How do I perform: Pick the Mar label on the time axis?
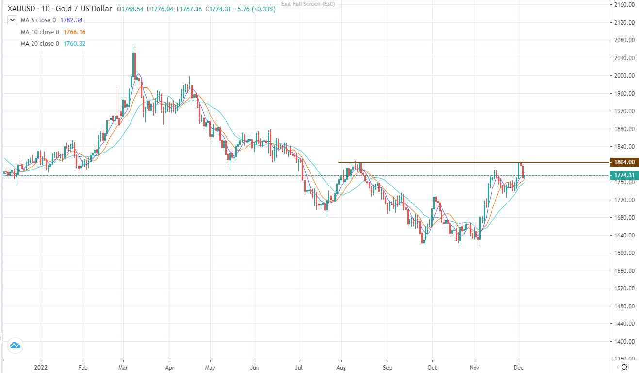click(123, 368)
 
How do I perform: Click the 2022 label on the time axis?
click(41, 368)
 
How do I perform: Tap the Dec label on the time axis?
click(519, 368)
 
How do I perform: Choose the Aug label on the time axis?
click(341, 368)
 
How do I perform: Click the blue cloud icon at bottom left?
click(15, 345)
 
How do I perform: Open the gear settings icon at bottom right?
click(625, 367)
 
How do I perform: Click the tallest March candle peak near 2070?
click(133, 45)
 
